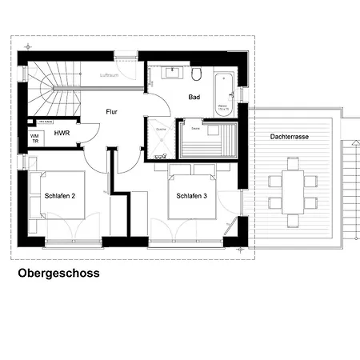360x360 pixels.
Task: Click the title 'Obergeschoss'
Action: click(58, 273)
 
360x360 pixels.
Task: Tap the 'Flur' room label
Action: click(111, 112)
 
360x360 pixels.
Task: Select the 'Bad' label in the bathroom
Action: click(194, 97)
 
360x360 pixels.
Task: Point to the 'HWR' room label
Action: click(62, 135)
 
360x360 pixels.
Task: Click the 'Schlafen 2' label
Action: click(60, 194)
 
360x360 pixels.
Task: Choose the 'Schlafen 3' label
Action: click(192, 194)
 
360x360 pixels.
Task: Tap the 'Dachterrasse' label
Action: click(289, 137)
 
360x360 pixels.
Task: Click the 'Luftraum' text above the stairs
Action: click(110, 75)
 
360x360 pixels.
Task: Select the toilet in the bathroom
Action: click(196, 74)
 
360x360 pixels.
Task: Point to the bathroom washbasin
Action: click(171, 74)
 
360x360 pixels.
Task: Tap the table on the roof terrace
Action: click(293, 186)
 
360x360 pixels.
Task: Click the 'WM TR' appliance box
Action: click(34, 138)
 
